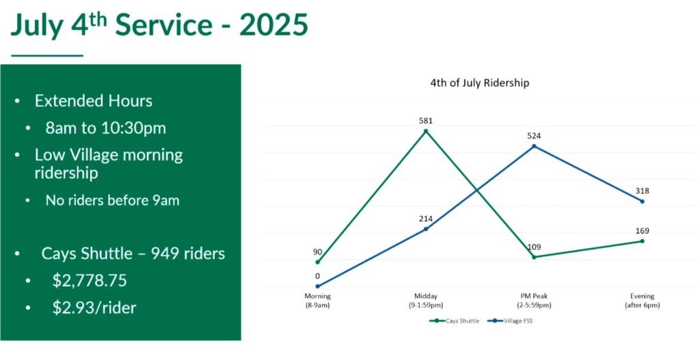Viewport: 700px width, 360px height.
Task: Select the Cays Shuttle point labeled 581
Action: (426, 130)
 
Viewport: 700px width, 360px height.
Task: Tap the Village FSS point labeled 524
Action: (534, 146)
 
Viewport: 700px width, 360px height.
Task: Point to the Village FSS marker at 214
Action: (426, 229)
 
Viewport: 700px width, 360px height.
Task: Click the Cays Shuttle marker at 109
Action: (534, 257)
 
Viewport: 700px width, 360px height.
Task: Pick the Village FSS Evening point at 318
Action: (643, 201)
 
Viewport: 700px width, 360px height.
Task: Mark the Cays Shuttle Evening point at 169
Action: (643, 241)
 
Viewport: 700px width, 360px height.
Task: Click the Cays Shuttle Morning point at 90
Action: (318, 262)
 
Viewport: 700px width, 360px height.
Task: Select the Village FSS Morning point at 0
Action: (318, 286)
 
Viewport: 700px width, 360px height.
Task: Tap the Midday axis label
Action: (426, 301)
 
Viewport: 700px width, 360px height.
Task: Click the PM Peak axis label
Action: (534, 301)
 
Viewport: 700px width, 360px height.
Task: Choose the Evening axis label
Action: (643, 301)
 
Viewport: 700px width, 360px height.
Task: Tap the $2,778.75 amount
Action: (90, 281)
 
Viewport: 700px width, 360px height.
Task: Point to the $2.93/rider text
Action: (94, 307)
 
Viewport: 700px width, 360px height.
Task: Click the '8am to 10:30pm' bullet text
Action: (105, 128)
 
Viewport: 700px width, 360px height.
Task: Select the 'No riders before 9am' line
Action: (113, 201)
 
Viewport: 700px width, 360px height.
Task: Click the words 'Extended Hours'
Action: (94, 101)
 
